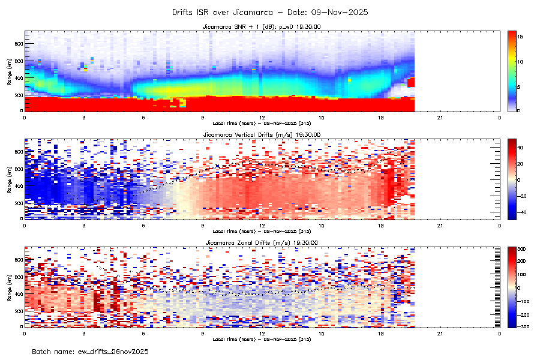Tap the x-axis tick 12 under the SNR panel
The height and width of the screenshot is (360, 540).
(x=262, y=117)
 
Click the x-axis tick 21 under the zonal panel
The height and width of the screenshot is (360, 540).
(x=440, y=333)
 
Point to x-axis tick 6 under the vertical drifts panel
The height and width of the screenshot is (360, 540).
(x=143, y=225)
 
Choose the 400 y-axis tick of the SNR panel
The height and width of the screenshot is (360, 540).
(x=19, y=78)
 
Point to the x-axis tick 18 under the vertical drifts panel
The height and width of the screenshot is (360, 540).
(x=381, y=225)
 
